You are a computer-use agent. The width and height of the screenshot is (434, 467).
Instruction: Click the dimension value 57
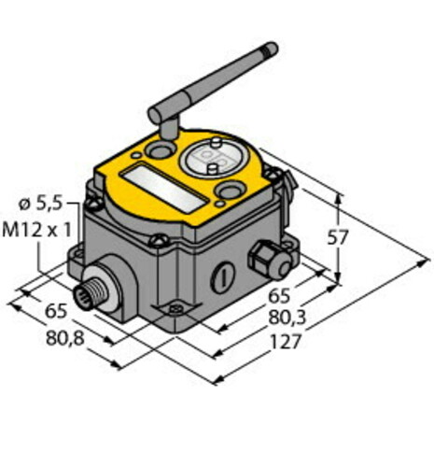[338, 238]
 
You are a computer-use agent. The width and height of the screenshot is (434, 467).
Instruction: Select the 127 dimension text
[286, 342]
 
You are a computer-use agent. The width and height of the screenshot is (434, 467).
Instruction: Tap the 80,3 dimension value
[287, 318]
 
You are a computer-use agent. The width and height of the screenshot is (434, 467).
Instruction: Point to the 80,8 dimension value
[65, 338]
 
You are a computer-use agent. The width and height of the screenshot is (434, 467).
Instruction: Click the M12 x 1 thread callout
[37, 231]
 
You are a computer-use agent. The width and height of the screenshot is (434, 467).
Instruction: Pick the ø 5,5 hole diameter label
[41, 204]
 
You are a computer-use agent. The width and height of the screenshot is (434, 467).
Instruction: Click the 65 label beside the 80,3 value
[279, 296]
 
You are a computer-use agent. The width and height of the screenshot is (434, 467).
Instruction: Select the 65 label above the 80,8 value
[56, 311]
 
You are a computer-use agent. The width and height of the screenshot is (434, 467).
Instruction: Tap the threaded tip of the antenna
[270, 48]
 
